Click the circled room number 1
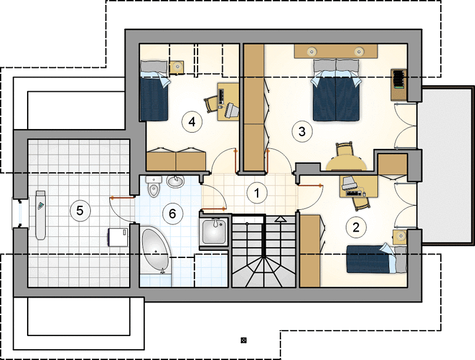[257, 193]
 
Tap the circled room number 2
[356, 227]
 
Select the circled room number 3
[301, 131]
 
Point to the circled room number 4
[192, 122]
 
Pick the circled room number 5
[80, 211]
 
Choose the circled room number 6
[172, 214]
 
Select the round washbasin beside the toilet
[175, 181]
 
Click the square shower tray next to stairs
[214, 232]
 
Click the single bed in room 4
[154, 90]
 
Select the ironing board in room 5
[41, 215]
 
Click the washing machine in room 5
[118, 237]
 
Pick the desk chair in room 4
[211, 104]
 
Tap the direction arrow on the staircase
[280, 220]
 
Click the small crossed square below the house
[243, 340]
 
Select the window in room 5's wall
[20, 213]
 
